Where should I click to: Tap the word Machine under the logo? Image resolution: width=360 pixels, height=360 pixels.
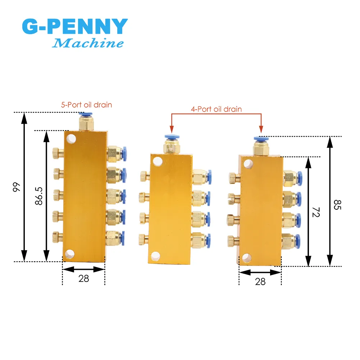pos(88,44)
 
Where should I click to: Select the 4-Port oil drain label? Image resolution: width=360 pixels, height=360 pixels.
pos(216,109)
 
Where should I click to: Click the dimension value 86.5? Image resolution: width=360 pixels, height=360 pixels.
pos(39,196)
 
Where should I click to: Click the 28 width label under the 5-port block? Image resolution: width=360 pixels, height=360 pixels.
pos(83,278)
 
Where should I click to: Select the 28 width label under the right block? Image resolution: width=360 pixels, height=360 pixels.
pos(260,282)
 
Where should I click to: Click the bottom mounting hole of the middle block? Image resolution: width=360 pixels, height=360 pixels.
pos(156,256)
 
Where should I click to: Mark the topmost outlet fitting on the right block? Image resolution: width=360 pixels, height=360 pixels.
pos(292,177)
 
